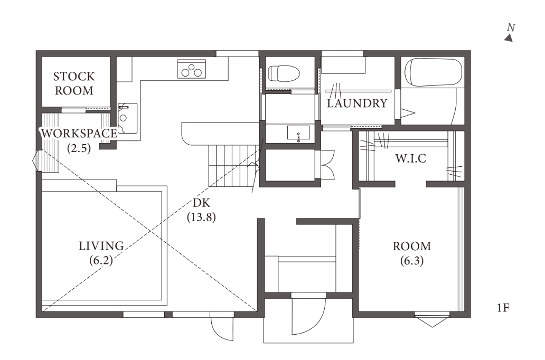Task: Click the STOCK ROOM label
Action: [x=74, y=83]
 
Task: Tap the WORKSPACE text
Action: [x=79, y=133]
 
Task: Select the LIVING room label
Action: [x=101, y=246]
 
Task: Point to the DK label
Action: [x=201, y=203]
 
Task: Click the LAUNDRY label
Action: [x=357, y=103]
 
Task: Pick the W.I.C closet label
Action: [x=410, y=158]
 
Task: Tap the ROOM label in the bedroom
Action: [x=412, y=246]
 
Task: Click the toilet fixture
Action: [x=284, y=73]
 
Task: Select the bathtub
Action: [x=434, y=72]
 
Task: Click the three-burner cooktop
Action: [x=192, y=69]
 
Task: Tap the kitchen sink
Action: [x=127, y=118]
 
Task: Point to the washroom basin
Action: [x=298, y=132]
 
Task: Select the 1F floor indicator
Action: [x=503, y=308]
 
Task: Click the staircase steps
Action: [x=233, y=166]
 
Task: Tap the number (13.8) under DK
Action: [x=201, y=217]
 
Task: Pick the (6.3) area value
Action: [x=412, y=261]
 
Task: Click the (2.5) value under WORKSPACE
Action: [x=79, y=148]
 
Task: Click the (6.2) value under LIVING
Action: [x=101, y=261]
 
